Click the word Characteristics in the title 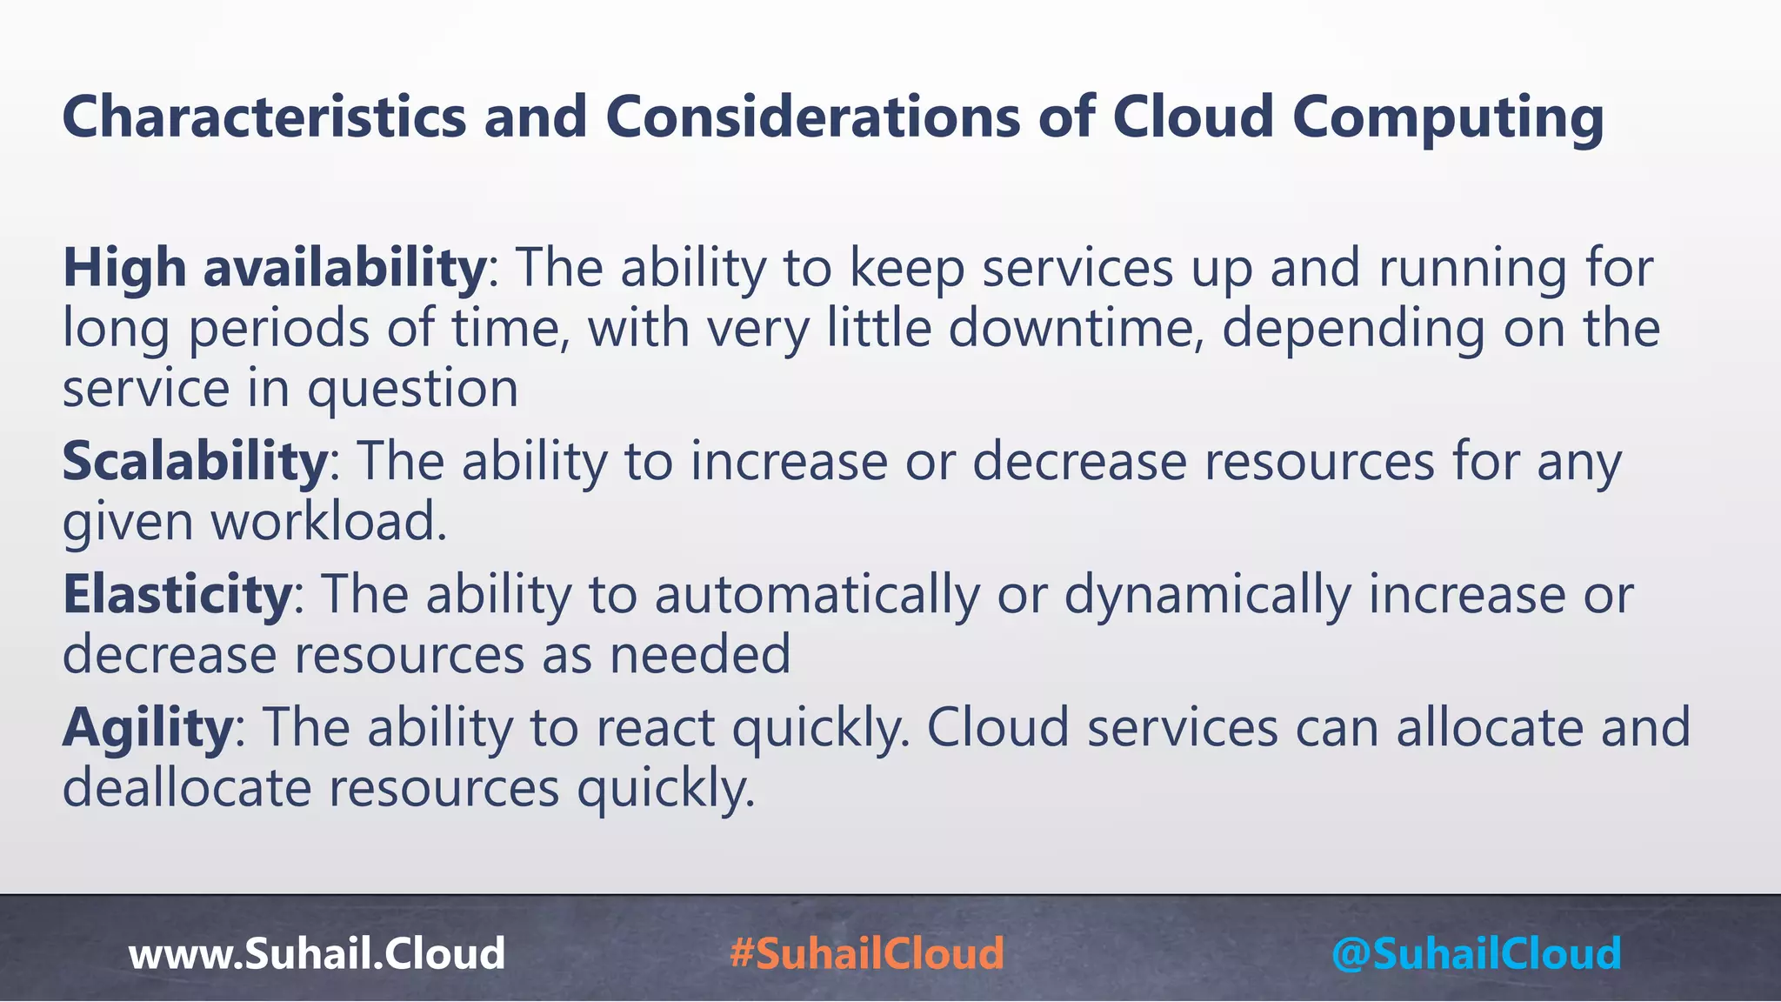coord(264,117)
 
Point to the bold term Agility coord(147,727)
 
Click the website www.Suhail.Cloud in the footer coord(317,953)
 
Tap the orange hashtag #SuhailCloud coord(867,953)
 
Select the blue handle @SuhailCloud coord(1476,953)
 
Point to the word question coord(412,389)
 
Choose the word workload coord(329,522)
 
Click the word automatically coord(817,595)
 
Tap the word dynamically coord(1208,595)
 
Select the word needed coord(700,655)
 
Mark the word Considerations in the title coord(812,117)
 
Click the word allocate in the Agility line coord(1491,727)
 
